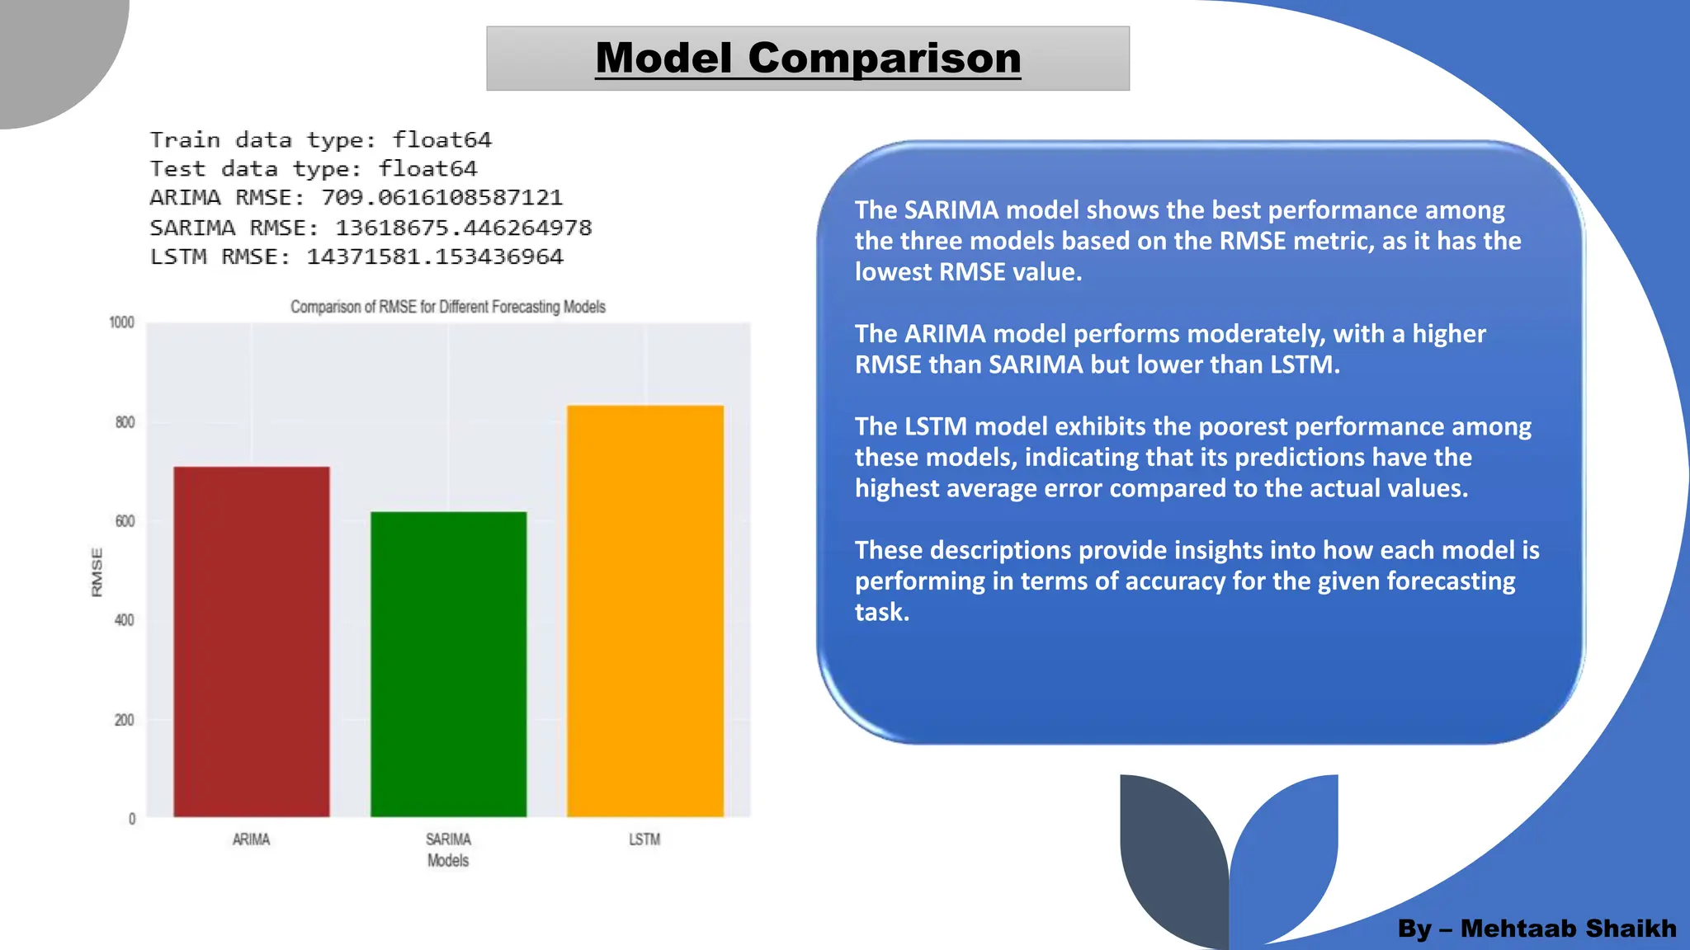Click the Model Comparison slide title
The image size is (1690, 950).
pyautogui.click(x=808, y=59)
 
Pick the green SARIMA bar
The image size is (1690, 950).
pyautogui.click(x=448, y=664)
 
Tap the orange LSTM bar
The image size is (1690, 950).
pyautogui.click(x=644, y=610)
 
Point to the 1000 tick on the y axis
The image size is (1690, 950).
pyautogui.click(x=121, y=322)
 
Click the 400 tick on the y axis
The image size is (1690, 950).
pyautogui.click(x=124, y=620)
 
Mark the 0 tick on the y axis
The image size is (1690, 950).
pyautogui.click(x=131, y=819)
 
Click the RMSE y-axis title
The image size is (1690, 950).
pyautogui.click(x=97, y=571)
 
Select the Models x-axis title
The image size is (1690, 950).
pyautogui.click(x=448, y=860)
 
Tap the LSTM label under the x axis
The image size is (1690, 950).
pyautogui.click(x=644, y=839)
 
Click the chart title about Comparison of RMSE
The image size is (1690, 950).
pyautogui.click(x=448, y=307)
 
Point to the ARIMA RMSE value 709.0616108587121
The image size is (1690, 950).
pyautogui.click(x=441, y=198)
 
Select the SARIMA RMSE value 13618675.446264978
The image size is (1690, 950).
pyautogui.click(x=463, y=228)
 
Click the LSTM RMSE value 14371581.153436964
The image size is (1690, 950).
pyautogui.click(x=435, y=257)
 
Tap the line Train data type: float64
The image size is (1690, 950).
pyautogui.click(x=320, y=139)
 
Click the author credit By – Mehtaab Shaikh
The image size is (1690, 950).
pyautogui.click(x=1537, y=929)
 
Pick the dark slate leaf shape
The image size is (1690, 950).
pyautogui.click(x=1172, y=858)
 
